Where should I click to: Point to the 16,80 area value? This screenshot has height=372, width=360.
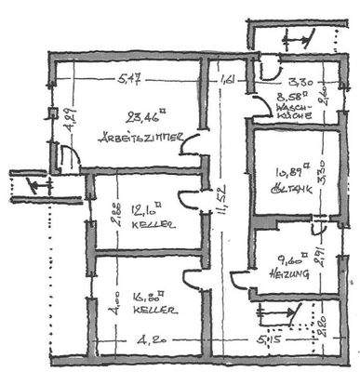click(143, 298)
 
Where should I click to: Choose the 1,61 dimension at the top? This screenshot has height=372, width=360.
click(226, 80)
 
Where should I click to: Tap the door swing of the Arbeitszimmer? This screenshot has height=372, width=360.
click(195, 144)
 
